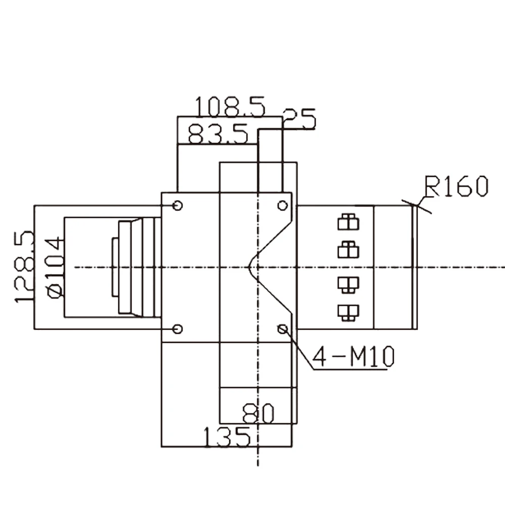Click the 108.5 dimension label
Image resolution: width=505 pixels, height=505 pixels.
[x=230, y=107]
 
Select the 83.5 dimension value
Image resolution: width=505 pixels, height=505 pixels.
[x=218, y=135]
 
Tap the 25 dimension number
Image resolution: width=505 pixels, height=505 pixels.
[x=299, y=120]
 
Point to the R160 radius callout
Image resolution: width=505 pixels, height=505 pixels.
[x=456, y=187]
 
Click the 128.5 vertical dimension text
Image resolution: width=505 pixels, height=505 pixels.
[x=25, y=267]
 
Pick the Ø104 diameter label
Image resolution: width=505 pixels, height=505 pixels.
[x=56, y=267]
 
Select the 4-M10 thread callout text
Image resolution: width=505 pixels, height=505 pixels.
[x=353, y=358]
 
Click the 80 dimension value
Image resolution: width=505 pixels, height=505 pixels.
[x=258, y=414]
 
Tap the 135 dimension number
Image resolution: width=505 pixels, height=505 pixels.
[x=227, y=437]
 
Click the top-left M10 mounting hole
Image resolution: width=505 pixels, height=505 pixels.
[x=177, y=206]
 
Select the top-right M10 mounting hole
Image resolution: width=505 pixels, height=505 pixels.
[x=283, y=206]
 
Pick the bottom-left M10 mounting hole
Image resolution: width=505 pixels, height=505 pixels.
[x=177, y=329]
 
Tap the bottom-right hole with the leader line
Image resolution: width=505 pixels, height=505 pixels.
[x=283, y=329]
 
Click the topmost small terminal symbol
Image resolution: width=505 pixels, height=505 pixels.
[x=348, y=222]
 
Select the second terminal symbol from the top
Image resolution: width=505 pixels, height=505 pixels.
[x=348, y=248]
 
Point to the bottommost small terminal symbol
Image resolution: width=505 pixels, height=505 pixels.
[x=348, y=312]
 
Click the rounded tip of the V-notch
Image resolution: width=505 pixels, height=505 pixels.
[x=250, y=267]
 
